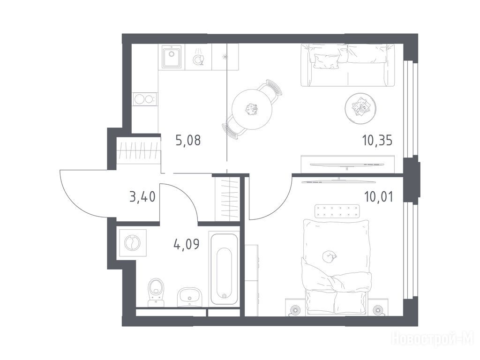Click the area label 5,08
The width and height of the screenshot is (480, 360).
(x=188, y=141)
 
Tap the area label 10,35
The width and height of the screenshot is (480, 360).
(x=377, y=141)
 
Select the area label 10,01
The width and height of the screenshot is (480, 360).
(x=378, y=197)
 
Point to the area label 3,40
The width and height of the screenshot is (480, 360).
(x=142, y=196)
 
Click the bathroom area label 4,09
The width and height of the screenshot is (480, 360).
(x=187, y=244)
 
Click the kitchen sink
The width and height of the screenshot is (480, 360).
(x=172, y=56)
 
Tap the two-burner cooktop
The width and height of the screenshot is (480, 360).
(x=144, y=99)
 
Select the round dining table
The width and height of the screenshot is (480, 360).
(x=252, y=109)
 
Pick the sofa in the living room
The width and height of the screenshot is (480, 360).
(x=347, y=65)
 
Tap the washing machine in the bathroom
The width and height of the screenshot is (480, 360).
(x=132, y=243)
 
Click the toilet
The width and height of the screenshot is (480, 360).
(x=156, y=292)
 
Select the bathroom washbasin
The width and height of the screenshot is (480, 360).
(x=189, y=297)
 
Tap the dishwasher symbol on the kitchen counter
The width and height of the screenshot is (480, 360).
(x=199, y=57)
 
